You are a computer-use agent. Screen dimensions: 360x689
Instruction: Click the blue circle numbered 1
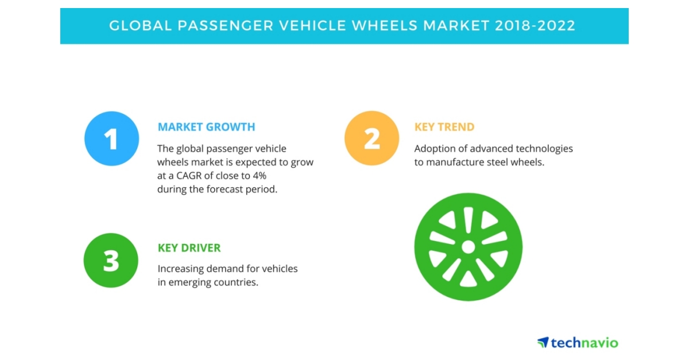[x=111, y=138]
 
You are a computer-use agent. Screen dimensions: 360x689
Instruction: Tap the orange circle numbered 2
[x=371, y=138]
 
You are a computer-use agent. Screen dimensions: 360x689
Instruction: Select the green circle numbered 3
[x=111, y=260]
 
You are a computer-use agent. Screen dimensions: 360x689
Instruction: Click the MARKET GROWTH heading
[x=206, y=127]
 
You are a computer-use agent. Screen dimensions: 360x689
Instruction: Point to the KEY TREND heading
[x=444, y=127]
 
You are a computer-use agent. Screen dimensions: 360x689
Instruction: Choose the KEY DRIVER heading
[x=189, y=248]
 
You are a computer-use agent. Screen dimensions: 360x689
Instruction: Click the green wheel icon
[x=468, y=247]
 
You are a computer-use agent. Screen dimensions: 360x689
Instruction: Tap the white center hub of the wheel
[x=468, y=247]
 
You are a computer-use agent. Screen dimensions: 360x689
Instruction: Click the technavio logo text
[x=585, y=343]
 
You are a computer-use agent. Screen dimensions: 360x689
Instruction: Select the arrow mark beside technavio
[x=543, y=342]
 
